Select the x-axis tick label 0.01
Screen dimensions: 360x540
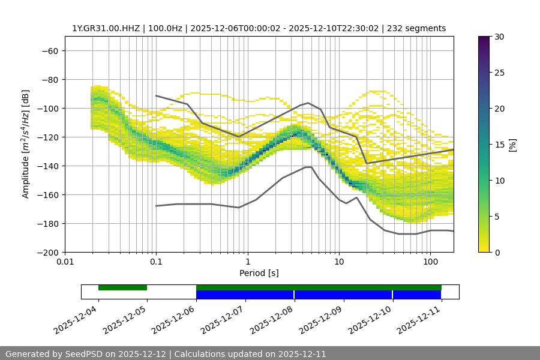[65, 263]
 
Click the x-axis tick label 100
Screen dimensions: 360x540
[430, 263]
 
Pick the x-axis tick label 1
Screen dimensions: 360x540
[247, 263]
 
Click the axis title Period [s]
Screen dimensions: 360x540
[259, 273]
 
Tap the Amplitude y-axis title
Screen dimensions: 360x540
[26, 144]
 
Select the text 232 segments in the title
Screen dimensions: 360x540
[416, 28]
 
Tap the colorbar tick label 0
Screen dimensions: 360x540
[496, 252]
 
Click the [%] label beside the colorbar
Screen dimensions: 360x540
[512, 145]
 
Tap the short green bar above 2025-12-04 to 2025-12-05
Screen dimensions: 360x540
[122, 287]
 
